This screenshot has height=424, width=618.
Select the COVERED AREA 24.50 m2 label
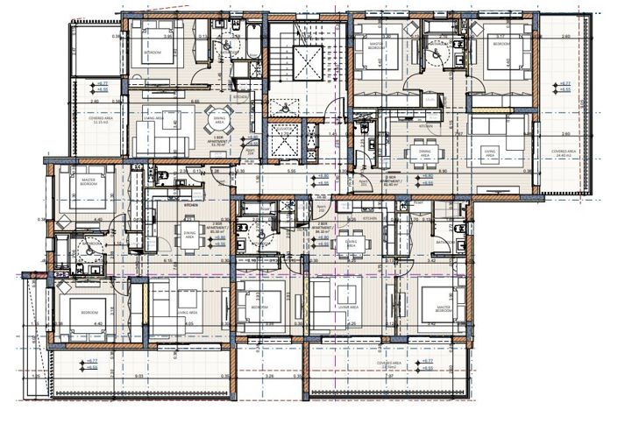(389, 364)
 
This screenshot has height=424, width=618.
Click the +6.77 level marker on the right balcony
(556, 82)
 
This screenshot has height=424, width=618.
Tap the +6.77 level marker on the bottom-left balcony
(90, 362)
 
